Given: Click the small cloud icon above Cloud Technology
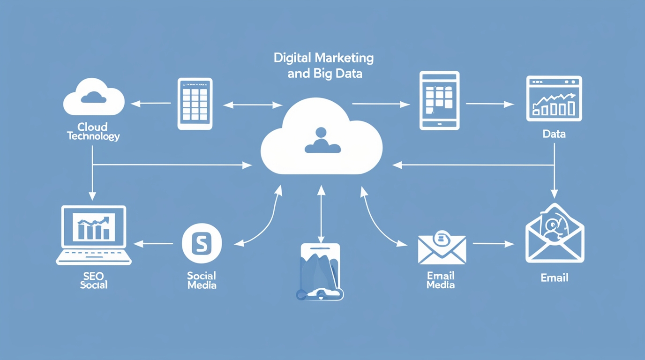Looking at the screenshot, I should [94, 97].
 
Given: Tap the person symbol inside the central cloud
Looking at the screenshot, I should [322, 141].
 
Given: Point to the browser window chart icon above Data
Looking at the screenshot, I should [554, 98].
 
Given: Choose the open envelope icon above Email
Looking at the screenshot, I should [555, 233].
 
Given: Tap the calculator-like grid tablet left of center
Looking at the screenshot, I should [195, 104].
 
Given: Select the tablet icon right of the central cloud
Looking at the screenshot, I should [439, 100].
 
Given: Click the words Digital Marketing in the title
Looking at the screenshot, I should [323, 59].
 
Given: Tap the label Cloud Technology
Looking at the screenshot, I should [93, 132].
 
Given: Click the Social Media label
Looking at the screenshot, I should [202, 280].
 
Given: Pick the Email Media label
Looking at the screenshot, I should [441, 280].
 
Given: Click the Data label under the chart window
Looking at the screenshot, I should [554, 134].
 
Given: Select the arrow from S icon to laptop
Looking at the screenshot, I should [153, 244].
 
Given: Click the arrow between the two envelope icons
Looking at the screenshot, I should [493, 244].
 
